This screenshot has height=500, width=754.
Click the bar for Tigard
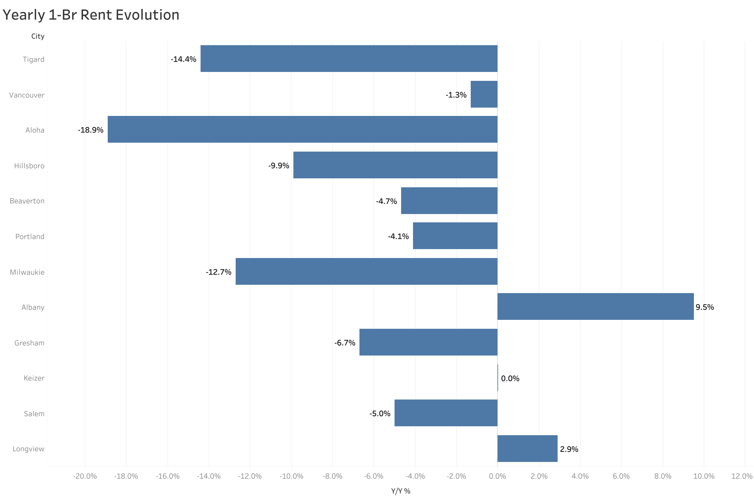pyautogui.click(x=348, y=59)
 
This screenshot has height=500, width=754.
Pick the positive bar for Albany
pyautogui.click(x=595, y=306)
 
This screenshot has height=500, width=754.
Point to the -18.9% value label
pyautogui.click(x=91, y=130)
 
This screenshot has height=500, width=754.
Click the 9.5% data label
pyautogui.click(x=704, y=307)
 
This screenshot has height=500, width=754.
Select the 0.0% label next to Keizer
pyautogui.click(x=510, y=378)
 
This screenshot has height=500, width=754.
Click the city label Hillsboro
pyautogui.click(x=29, y=166)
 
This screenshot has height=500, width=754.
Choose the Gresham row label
pyautogui.click(x=29, y=343)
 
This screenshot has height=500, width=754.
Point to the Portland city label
pyautogui.click(x=30, y=237)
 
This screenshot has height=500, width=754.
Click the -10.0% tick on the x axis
pyautogui.click(x=291, y=476)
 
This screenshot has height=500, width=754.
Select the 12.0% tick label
pyautogui.click(x=741, y=476)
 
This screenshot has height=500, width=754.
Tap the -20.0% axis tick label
pyautogui.click(x=85, y=476)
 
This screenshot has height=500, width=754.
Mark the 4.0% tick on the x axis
pyautogui.click(x=580, y=476)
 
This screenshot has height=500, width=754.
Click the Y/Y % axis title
pyautogui.click(x=401, y=491)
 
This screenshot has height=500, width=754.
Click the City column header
pyautogui.click(x=38, y=36)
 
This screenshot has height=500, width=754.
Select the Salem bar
pyautogui.click(x=445, y=413)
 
